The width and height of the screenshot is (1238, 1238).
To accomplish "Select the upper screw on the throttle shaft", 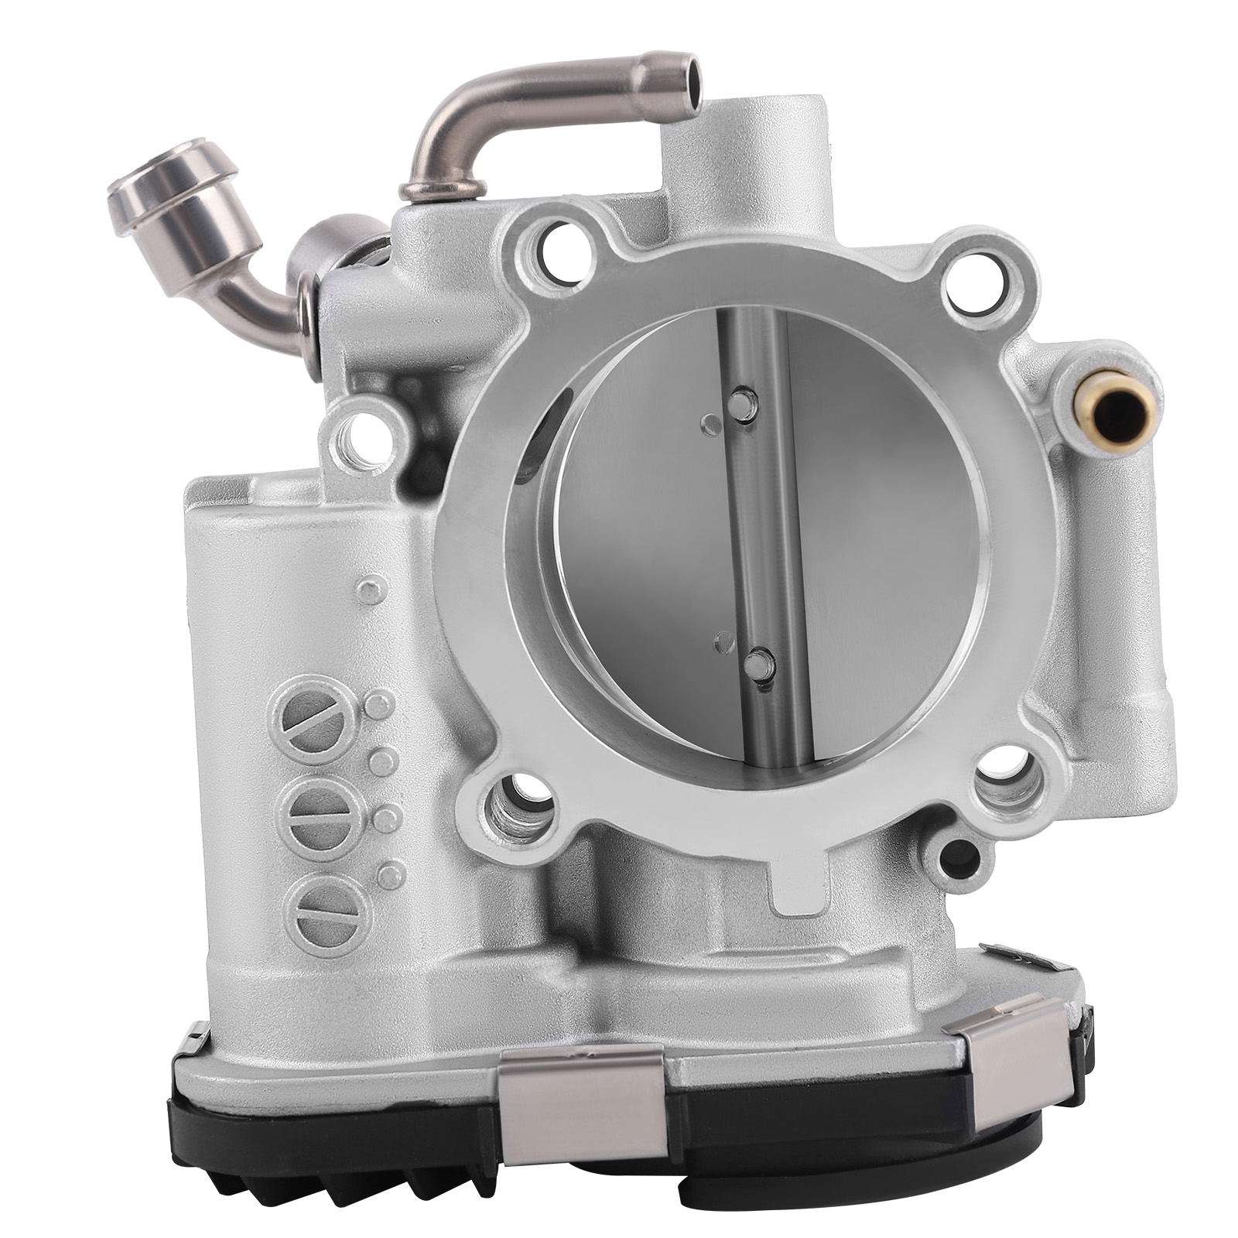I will [x=744, y=404].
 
